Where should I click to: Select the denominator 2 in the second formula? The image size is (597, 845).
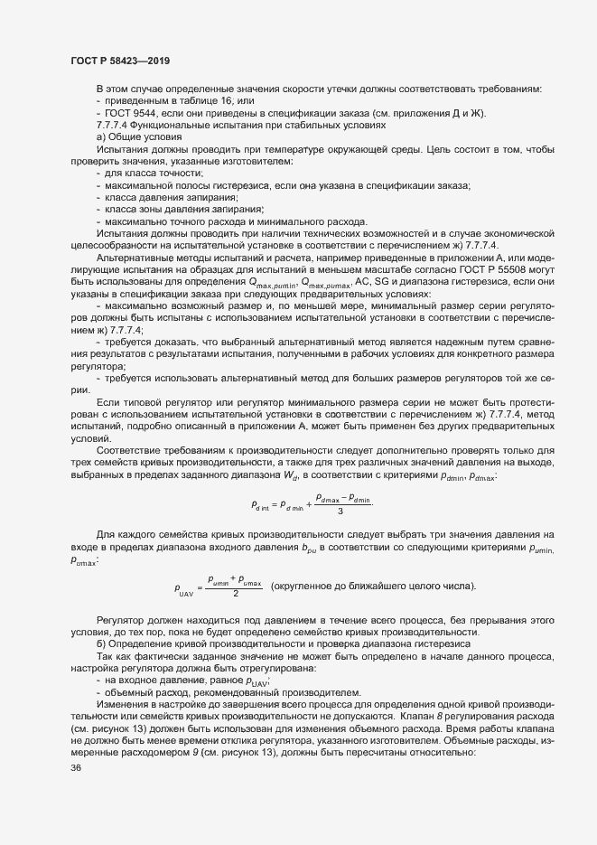[235, 594]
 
